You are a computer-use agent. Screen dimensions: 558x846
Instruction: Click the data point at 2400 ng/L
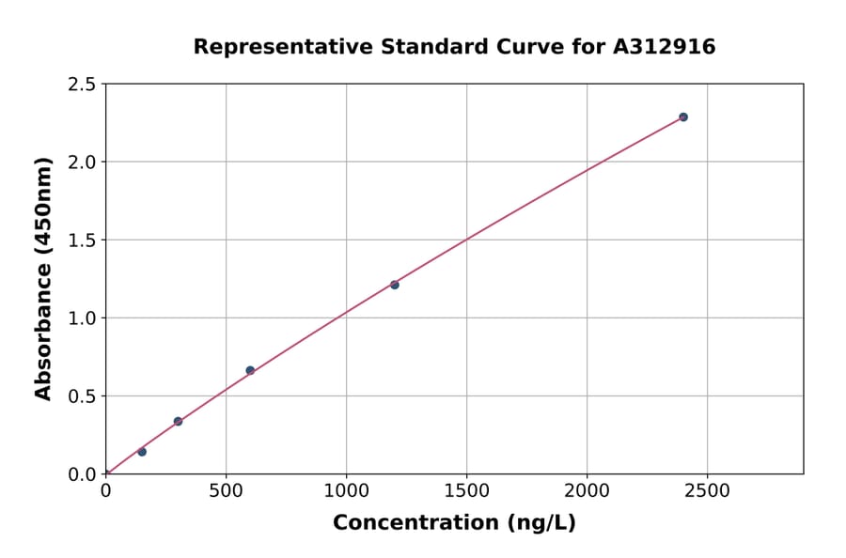(x=683, y=117)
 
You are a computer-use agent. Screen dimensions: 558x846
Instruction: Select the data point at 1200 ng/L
(x=395, y=285)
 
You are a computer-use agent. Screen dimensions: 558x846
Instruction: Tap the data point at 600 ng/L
(x=250, y=370)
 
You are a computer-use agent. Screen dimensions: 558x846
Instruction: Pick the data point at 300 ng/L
(x=178, y=421)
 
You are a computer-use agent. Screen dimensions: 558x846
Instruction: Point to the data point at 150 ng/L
(x=142, y=452)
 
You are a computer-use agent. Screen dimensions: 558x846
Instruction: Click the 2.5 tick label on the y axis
(x=82, y=85)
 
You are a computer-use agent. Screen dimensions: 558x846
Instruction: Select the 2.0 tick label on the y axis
(x=82, y=163)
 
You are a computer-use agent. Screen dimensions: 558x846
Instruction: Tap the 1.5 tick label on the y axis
(x=82, y=240)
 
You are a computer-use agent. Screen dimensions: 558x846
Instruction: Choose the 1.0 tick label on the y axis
(x=82, y=318)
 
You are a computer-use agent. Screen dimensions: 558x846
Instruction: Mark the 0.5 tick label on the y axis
(x=82, y=396)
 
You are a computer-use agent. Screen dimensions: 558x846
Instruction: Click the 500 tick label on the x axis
(x=226, y=491)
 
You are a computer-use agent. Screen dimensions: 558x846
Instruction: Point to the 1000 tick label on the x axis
(x=346, y=491)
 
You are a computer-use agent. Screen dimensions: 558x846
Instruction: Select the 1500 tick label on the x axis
(x=466, y=491)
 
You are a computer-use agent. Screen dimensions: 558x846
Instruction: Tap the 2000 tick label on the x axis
(x=587, y=491)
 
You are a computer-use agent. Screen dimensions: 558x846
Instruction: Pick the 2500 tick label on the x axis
(x=708, y=491)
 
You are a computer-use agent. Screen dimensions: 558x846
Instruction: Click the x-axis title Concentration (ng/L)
(x=454, y=523)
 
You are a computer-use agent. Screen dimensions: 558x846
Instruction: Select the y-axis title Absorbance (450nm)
(x=43, y=279)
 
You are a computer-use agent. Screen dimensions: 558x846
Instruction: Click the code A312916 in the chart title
(x=665, y=46)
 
